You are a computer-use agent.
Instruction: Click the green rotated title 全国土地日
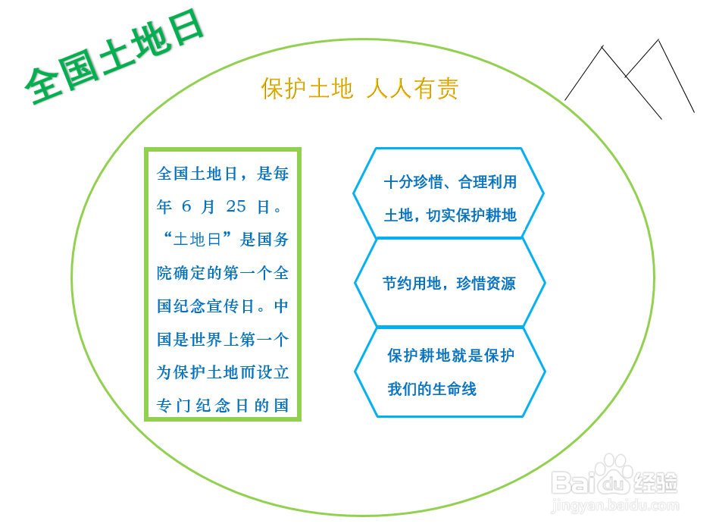click(x=114, y=56)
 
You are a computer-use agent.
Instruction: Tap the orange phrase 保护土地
click(x=308, y=88)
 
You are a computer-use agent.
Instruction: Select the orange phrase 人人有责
click(x=413, y=88)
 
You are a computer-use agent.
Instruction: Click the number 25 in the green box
click(x=236, y=206)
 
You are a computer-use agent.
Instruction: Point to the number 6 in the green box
click(x=186, y=206)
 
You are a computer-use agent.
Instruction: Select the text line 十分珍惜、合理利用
click(x=450, y=182)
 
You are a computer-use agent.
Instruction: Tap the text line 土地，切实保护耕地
click(x=450, y=215)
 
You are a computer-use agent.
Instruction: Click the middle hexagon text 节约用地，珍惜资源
click(x=449, y=283)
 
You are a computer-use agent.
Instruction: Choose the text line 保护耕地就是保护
click(x=451, y=355)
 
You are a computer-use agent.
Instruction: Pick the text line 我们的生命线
click(x=432, y=389)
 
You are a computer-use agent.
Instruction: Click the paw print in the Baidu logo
click(x=614, y=472)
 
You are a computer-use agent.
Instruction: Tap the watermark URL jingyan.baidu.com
click(x=615, y=506)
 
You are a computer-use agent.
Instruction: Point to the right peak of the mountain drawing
click(x=658, y=40)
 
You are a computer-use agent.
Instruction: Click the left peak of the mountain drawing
click(x=602, y=46)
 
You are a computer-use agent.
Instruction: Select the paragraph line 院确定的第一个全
click(x=223, y=272)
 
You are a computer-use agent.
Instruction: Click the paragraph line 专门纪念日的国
click(x=223, y=405)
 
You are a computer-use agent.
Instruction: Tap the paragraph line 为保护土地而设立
click(x=223, y=372)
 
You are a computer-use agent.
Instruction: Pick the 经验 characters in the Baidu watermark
click(x=655, y=481)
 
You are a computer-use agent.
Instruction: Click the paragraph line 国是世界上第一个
click(x=223, y=339)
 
